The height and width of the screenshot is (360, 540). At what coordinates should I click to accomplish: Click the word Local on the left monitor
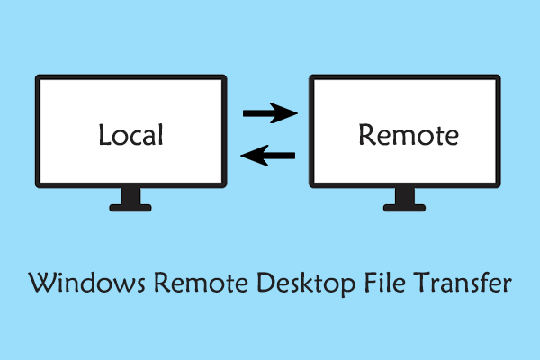pos(130,136)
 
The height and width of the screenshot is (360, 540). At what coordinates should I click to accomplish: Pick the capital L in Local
pos(104,136)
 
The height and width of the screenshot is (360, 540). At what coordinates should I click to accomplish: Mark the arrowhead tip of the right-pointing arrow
pos(296,113)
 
